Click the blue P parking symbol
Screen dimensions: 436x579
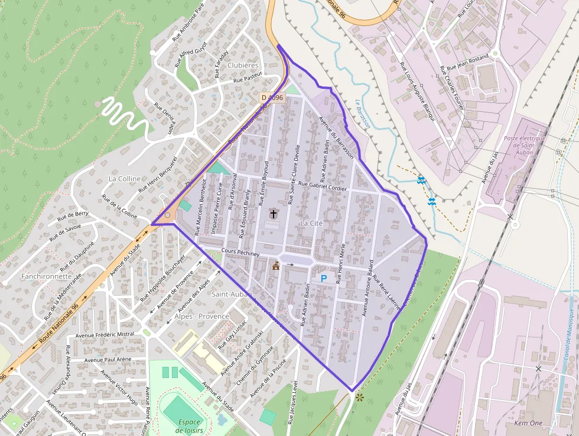point(323,278)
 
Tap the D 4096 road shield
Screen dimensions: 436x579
point(272,98)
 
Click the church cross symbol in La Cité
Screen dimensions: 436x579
point(273,214)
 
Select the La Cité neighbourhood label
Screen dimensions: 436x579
point(311,223)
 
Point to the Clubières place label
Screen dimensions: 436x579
point(243,65)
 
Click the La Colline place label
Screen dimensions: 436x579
point(125,179)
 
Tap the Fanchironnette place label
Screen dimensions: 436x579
point(46,276)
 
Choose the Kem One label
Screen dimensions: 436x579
point(528,424)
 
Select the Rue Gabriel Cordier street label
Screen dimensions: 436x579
point(324,186)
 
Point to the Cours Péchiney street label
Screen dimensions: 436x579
point(240,253)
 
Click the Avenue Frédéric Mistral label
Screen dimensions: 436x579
point(109,335)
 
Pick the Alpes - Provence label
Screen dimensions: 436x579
point(201,316)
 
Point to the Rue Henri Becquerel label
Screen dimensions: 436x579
point(158,175)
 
